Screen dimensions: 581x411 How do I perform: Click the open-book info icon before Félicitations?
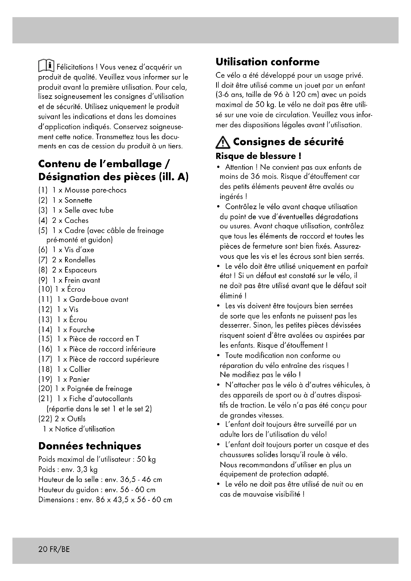point(46,66)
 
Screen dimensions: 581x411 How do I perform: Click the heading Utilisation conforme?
point(268,62)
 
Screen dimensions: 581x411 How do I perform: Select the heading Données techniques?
point(90,446)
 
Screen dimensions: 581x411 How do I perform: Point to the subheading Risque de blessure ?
point(258,156)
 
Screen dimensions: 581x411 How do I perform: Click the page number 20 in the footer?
point(42,549)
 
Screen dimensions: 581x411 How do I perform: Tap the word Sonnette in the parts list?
point(78,200)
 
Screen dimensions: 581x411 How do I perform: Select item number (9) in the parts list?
point(43,280)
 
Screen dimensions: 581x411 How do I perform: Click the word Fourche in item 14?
point(82,330)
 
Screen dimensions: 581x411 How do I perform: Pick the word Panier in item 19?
point(79,379)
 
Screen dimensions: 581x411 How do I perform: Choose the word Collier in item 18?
point(80,369)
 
